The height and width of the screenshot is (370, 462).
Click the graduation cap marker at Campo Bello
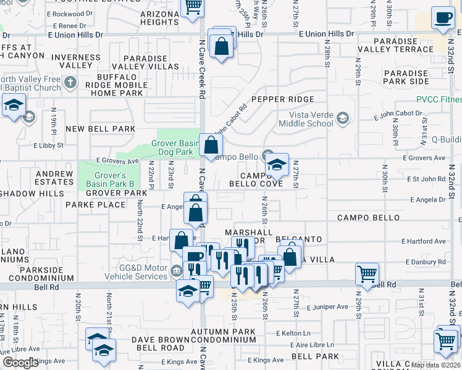click(277, 164)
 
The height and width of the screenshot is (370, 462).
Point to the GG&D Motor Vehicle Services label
click(134, 272)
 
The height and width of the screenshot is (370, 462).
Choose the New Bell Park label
click(100, 129)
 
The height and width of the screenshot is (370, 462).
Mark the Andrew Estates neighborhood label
click(54, 178)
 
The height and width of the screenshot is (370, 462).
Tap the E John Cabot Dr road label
click(397, 114)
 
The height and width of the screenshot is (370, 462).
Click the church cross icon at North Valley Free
click(70, 81)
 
